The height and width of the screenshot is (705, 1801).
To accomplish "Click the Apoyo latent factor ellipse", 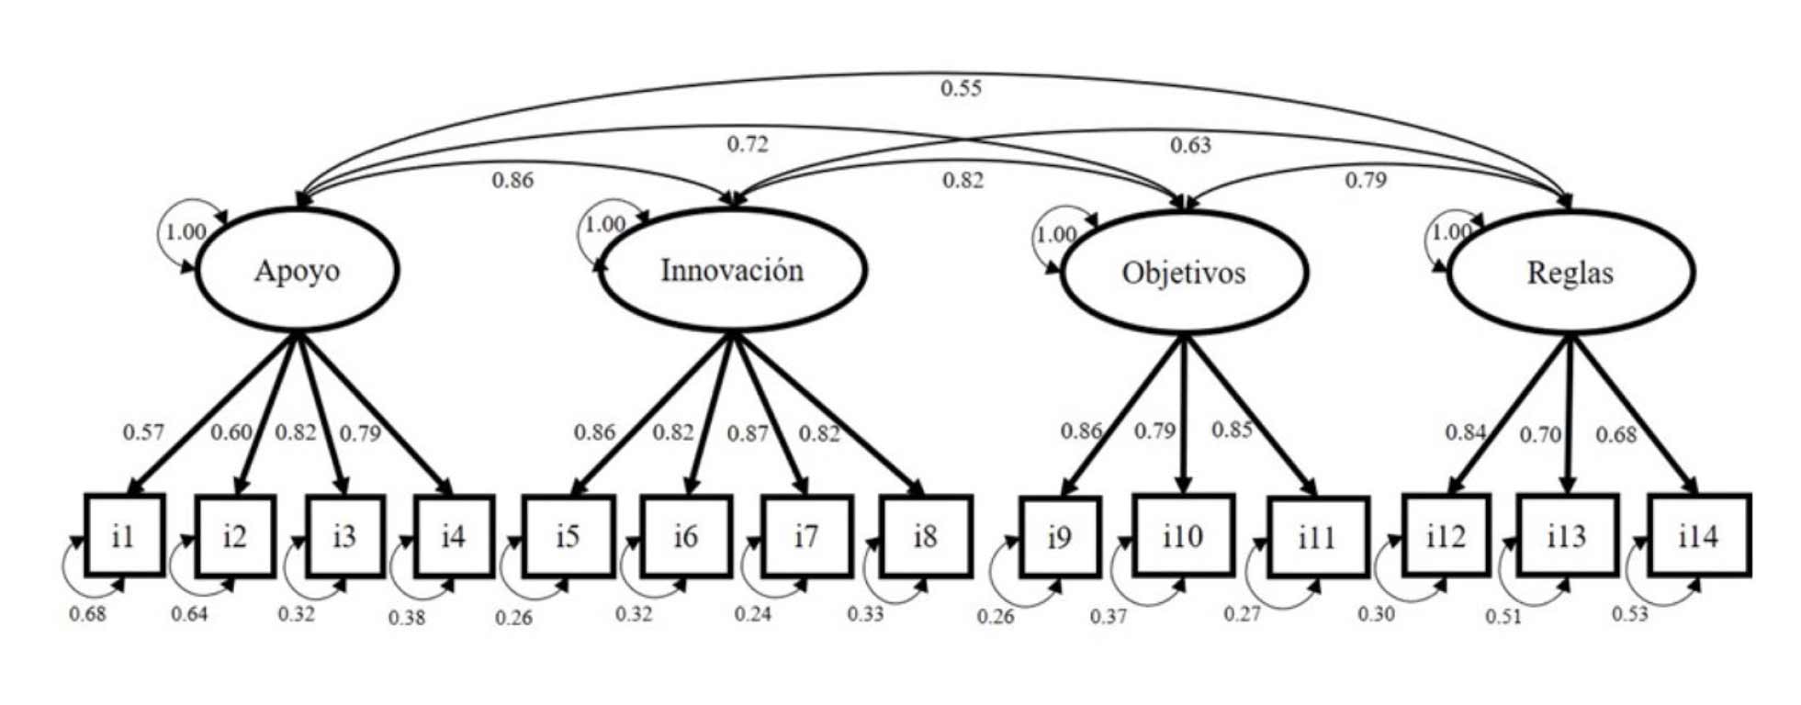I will point(297,271).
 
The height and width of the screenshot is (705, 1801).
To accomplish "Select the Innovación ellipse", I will point(732,271).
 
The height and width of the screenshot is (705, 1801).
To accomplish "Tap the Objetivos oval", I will point(1184,273).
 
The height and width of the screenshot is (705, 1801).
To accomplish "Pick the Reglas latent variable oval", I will point(1570,273).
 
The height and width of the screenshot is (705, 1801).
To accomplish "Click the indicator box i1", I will point(124,536).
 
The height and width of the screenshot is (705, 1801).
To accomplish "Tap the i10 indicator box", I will point(1182,536).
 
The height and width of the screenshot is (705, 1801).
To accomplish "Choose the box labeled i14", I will point(1698,536).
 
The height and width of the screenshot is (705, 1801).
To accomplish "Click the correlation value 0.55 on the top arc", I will point(961,88).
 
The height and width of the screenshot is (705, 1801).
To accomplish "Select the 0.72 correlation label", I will point(748,144).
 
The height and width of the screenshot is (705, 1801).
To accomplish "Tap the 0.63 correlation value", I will point(1190,145).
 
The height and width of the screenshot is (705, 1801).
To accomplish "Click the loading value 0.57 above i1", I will point(143,432).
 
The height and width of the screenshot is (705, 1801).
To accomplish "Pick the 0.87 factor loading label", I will point(748,433).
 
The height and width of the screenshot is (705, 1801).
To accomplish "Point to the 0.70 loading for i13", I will point(1540,434).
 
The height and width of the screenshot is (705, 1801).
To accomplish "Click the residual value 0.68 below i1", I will point(88,614).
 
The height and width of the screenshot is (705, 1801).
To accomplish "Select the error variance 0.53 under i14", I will point(1630,614).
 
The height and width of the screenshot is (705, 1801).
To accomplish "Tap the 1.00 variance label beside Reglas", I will point(1452,231).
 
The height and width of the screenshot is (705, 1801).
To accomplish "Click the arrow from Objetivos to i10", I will point(1184,413).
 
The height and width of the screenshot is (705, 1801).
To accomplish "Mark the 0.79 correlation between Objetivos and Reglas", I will point(1366,180).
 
